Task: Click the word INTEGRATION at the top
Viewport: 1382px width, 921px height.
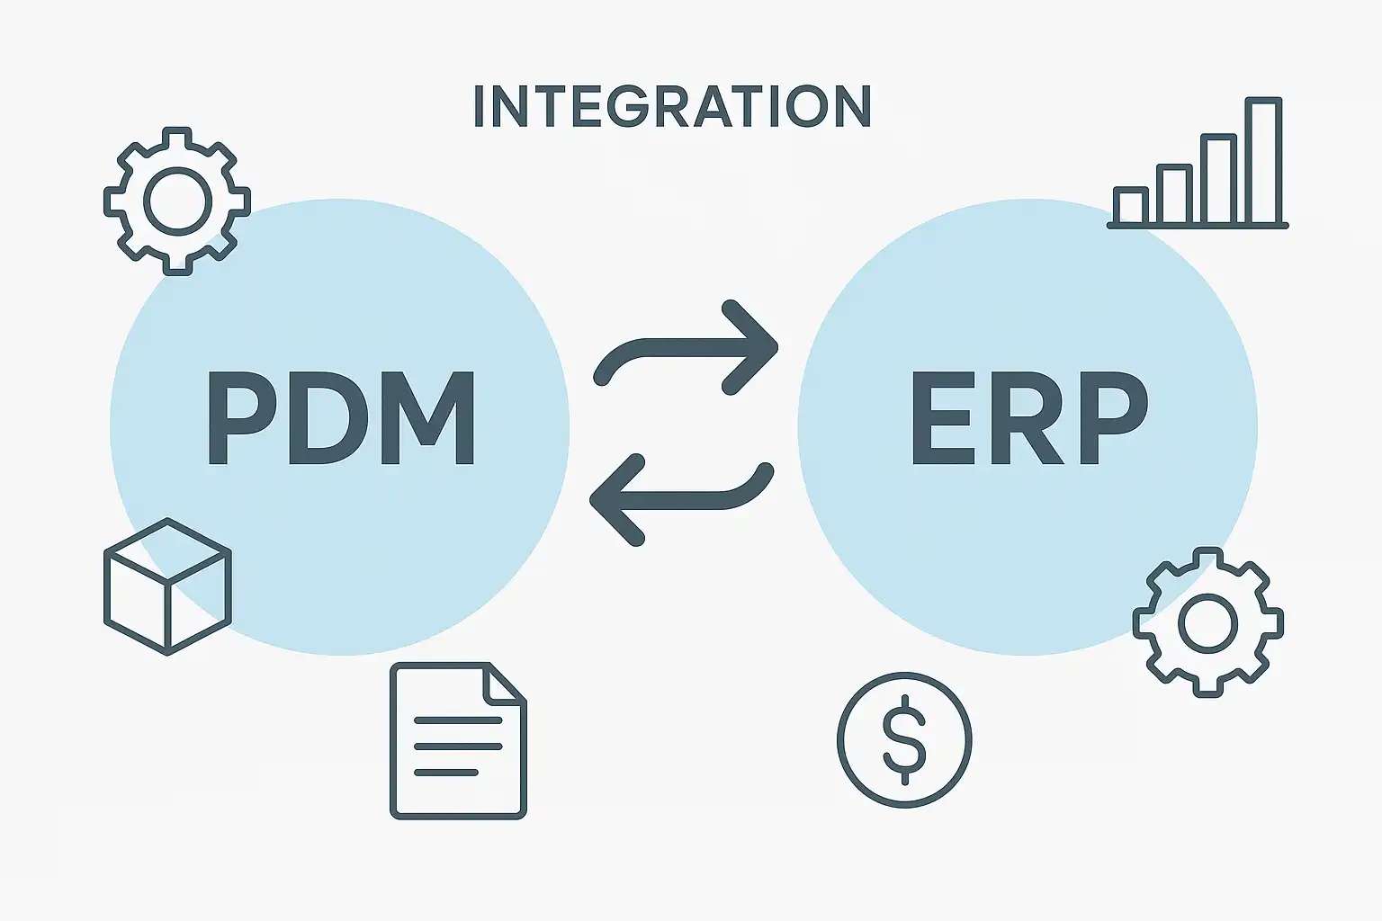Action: coord(672,106)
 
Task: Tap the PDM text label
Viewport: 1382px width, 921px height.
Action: coord(341,417)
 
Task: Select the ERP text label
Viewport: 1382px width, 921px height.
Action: coord(1029,417)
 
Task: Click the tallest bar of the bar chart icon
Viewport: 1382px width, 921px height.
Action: coord(1263,160)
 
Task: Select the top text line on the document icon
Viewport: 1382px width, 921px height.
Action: coord(458,720)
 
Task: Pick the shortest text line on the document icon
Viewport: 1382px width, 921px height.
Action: coord(446,773)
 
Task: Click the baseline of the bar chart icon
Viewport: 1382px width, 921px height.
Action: coord(1198,226)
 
